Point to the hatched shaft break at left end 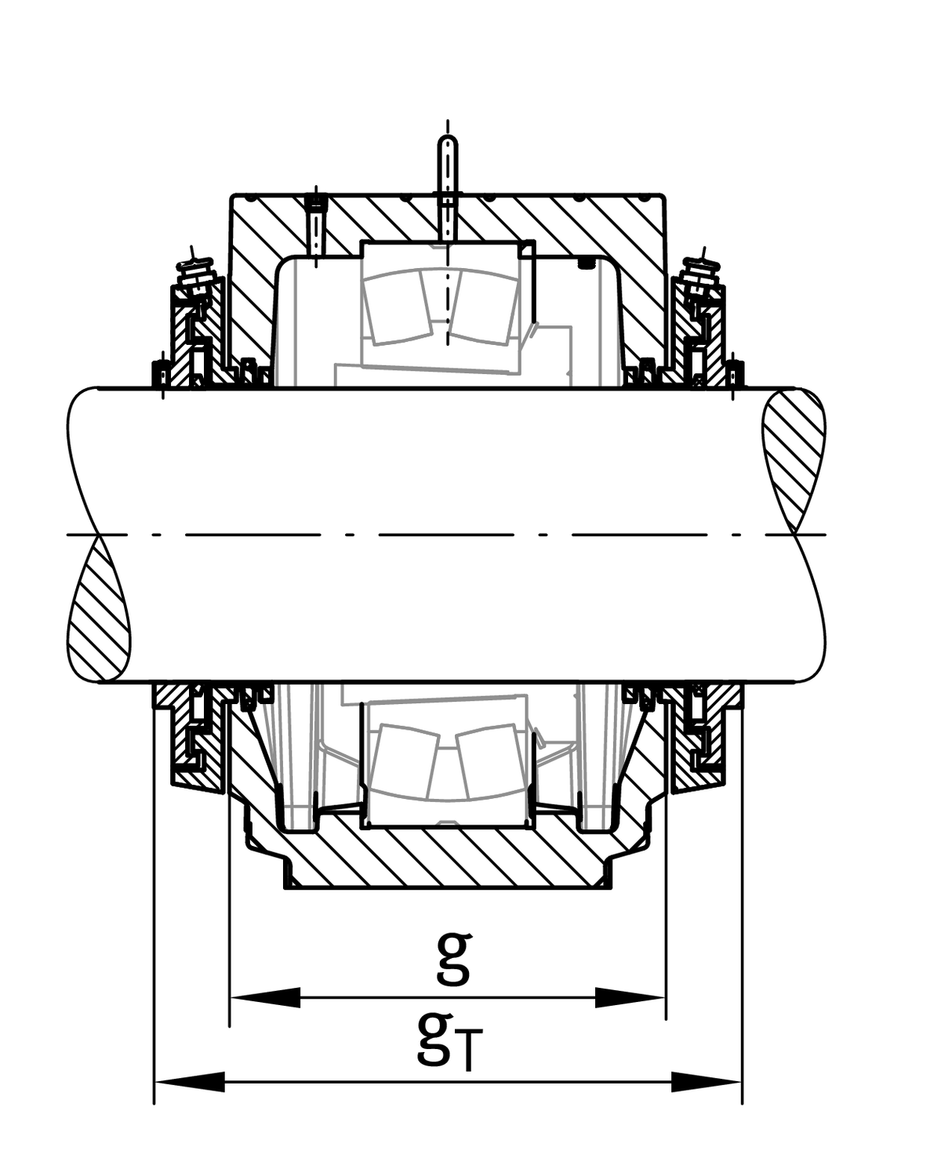[x=99, y=608]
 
